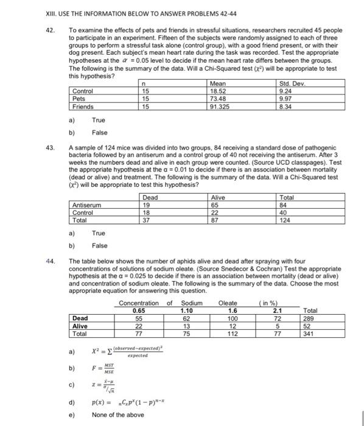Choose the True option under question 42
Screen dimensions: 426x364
[99, 120]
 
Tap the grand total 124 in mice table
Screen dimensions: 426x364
[286, 218]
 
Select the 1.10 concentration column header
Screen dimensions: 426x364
[186, 310]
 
